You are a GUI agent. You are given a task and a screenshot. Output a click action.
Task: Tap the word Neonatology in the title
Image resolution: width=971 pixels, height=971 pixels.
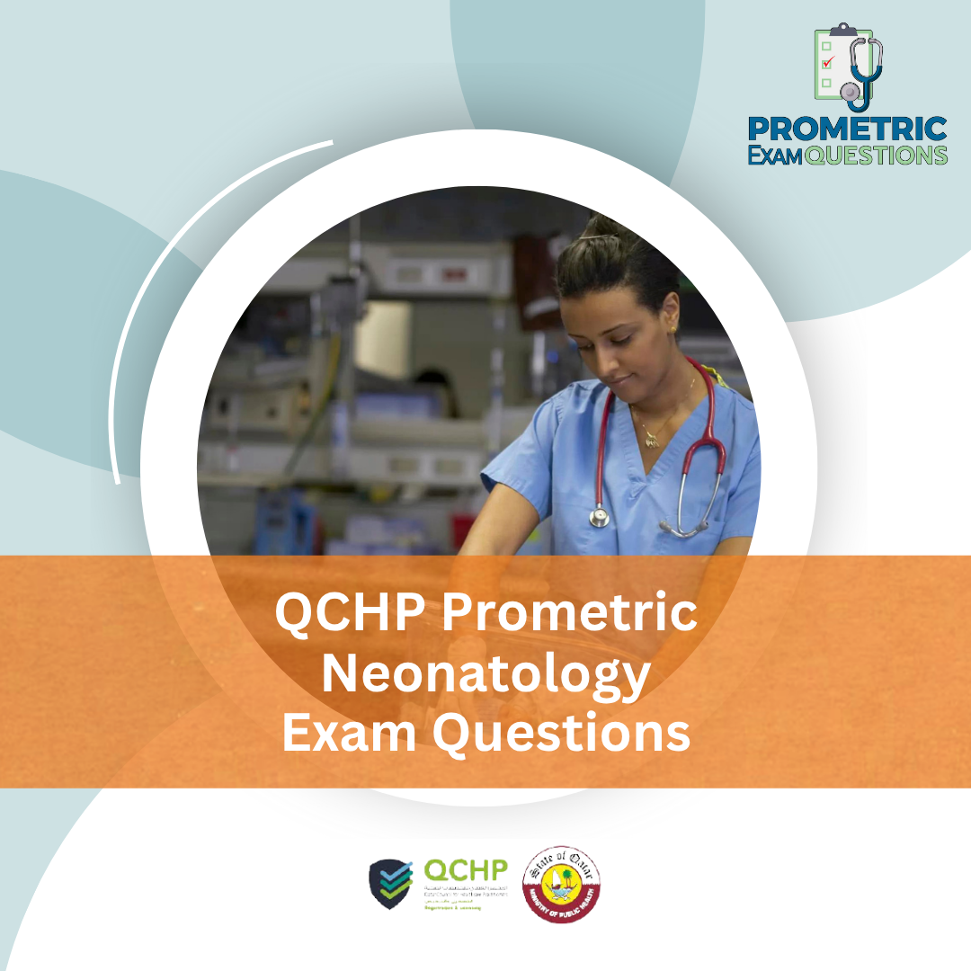[x=485, y=674]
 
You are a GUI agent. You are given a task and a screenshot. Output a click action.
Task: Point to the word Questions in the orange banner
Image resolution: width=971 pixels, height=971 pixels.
[x=561, y=734]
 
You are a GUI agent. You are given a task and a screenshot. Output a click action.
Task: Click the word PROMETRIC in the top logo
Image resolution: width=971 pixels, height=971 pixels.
[x=847, y=129]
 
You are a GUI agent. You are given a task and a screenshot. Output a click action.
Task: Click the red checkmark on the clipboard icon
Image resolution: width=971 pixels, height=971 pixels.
[x=828, y=62]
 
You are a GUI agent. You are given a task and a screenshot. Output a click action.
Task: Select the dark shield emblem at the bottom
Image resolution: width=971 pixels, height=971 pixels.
[x=392, y=884]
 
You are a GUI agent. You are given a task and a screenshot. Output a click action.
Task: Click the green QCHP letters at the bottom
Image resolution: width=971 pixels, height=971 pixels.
[x=466, y=870]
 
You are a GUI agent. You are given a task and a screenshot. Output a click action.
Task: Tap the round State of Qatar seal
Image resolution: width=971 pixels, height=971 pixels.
[x=562, y=884]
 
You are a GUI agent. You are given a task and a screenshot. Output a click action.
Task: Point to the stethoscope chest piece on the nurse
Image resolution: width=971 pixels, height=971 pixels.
[x=600, y=517]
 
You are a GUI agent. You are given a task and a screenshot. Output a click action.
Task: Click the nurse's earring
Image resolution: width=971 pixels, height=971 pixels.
[x=672, y=330]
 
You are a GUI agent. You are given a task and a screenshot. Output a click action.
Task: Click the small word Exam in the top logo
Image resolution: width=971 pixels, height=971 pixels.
[x=775, y=155]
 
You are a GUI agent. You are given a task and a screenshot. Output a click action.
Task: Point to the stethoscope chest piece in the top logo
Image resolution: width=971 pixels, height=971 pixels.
[x=850, y=93]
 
